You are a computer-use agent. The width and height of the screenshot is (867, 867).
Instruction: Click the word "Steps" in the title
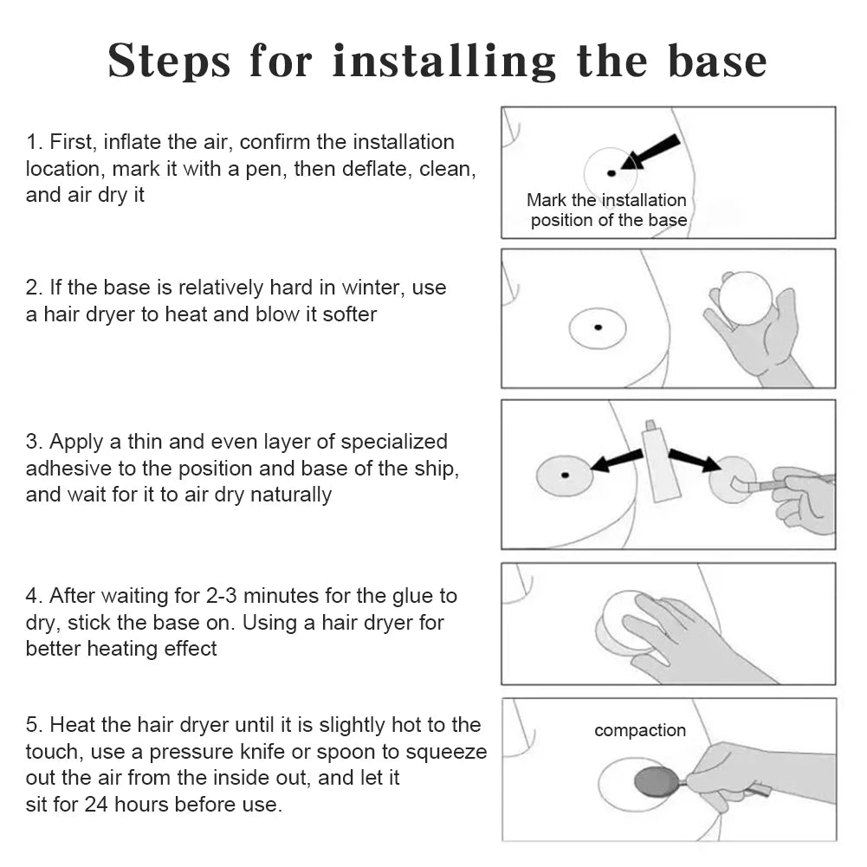point(169,61)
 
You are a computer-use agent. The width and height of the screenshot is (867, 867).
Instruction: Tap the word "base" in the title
point(717,60)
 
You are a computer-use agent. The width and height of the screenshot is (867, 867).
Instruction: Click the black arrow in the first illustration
point(650,151)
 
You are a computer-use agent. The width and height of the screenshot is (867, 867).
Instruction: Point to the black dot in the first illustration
point(611,173)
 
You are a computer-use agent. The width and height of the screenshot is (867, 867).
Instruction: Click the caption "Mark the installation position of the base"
point(606,210)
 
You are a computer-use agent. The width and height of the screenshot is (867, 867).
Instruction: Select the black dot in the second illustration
point(598,327)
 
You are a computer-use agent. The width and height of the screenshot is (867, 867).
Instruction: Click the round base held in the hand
point(746,298)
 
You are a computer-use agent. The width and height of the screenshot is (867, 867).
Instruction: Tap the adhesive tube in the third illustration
point(657,460)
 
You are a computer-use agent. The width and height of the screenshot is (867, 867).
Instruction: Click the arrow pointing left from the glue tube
point(617,461)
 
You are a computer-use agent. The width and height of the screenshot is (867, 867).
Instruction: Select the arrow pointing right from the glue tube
point(695,460)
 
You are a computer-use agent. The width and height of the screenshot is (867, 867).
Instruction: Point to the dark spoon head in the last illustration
point(656,781)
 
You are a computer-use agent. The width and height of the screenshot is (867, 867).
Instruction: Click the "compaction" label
point(640,730)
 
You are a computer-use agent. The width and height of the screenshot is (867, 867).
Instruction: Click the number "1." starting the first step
point(35,142)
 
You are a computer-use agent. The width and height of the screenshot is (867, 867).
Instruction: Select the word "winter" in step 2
point(373,288)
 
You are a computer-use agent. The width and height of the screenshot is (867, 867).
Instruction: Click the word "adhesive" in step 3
point(68,469)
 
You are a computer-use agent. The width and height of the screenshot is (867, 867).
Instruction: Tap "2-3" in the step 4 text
point(221,596)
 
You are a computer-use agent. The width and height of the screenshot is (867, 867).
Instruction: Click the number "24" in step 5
point(96,805)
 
